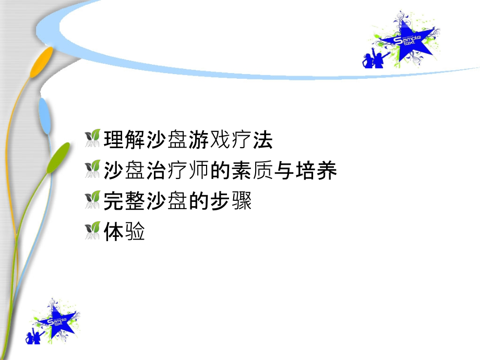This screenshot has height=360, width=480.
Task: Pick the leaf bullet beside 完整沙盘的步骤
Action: pyautogui.click(x=92, y=200)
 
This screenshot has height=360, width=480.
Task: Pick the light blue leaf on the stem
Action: pyautogui.click(x=46, y=115)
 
